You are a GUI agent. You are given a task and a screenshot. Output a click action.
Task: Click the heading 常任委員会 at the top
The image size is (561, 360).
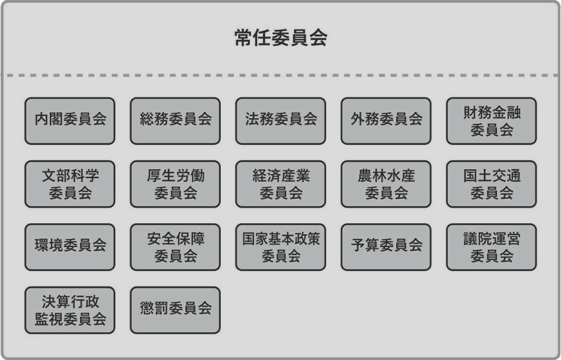(281, 37)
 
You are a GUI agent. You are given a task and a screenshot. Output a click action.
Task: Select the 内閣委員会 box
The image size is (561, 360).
(70, 121)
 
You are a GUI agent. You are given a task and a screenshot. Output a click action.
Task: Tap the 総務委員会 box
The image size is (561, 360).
(175, 121)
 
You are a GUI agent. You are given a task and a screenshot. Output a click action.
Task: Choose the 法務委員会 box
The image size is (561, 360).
(280, 121)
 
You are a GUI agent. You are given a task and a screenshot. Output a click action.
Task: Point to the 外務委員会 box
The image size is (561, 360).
(386, 121)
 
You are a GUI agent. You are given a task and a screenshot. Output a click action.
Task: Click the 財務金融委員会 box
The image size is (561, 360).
(492, 121)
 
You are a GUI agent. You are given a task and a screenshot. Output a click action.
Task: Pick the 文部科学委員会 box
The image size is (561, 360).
(70, 184)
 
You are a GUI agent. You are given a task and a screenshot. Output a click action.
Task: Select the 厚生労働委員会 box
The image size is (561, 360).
(175, 184)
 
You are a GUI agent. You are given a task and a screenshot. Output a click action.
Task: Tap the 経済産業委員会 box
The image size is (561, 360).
(280, 184)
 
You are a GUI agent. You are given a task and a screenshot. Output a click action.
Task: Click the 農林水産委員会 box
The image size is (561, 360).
(386, 184)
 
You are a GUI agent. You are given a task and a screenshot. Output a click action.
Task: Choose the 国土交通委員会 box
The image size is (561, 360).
(492, 184)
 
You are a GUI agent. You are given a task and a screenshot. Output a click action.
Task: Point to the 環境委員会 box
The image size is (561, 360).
(70, 247)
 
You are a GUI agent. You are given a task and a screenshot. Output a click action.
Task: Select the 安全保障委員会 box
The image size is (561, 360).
(175, 247)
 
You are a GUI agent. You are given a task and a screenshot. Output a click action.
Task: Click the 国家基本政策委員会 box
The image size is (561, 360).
(280, 247)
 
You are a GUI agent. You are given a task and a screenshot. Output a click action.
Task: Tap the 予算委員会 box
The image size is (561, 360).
(386, 247)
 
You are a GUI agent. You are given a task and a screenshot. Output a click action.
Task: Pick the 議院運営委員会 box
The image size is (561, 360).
(492, 247)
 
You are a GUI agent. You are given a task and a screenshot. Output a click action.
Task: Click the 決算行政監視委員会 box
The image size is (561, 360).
(70, 310)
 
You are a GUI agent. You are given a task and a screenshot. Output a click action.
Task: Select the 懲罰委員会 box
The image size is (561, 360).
(175, 310)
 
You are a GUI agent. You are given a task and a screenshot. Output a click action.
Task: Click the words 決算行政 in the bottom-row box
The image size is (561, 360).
(70, 301)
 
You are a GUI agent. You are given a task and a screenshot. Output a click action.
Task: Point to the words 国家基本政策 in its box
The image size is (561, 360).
(281, 238)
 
